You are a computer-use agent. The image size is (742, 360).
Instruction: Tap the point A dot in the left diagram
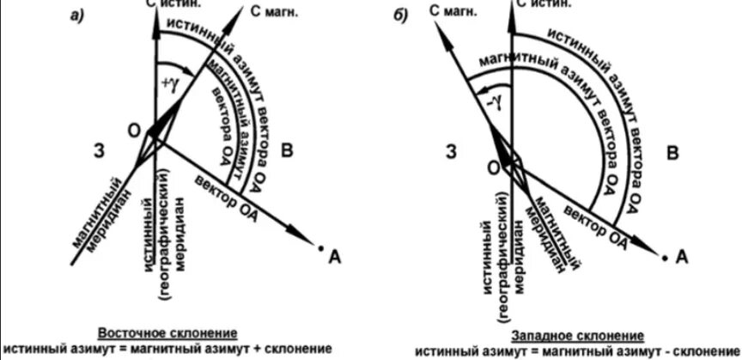click(320, 249)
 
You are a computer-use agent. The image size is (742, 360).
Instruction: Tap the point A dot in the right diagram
click(664, 255)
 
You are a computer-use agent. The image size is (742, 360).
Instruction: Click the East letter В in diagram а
click(289, 152)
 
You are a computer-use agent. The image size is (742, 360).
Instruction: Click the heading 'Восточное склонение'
click(167, 333)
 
